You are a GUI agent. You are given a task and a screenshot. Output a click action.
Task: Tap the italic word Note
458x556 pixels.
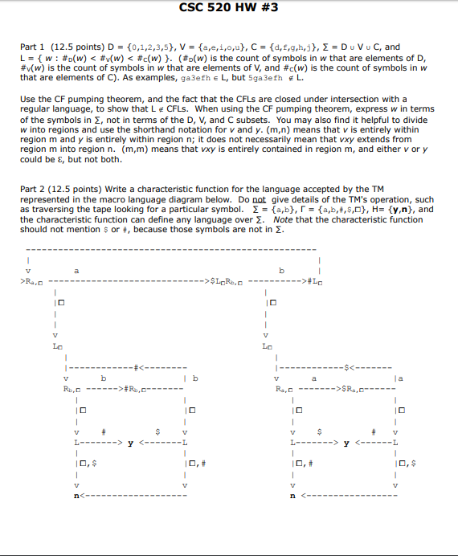pos(285,219)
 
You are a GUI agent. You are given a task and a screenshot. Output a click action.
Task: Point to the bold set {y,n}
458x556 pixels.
pos(403,210)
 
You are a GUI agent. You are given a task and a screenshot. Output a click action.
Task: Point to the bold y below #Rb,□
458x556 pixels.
pos(129,441)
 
